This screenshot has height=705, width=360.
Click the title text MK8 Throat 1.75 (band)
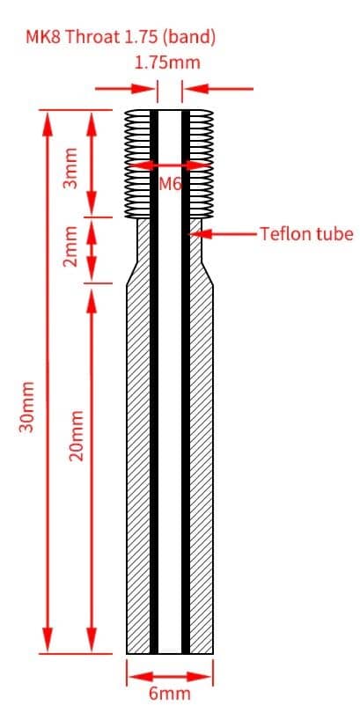coord(121,37)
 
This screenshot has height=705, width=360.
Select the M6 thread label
coord(171,183)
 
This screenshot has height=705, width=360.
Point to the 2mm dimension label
coord(70,246)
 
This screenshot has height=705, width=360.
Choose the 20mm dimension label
coord(77,435)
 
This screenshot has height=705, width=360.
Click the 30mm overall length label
coord(27,407)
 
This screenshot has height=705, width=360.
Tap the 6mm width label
coord(170,694)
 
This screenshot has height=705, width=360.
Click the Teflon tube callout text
coord(307,234)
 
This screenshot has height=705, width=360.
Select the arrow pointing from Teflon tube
coord(224,234)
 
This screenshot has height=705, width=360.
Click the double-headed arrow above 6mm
coord(170,676)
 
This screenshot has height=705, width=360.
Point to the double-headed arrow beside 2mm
coord(92,250)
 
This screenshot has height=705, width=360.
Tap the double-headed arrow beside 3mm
coord(92,164)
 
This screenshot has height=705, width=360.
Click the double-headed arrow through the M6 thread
coord(171,165)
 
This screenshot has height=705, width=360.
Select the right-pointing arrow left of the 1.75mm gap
coord(125,89)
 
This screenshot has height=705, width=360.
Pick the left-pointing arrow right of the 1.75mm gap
coord(219,89)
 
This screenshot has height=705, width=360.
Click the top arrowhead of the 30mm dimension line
coord(48,124)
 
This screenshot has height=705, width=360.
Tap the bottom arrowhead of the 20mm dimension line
coord(92,639)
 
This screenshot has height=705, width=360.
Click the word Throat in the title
coord(87,37)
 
